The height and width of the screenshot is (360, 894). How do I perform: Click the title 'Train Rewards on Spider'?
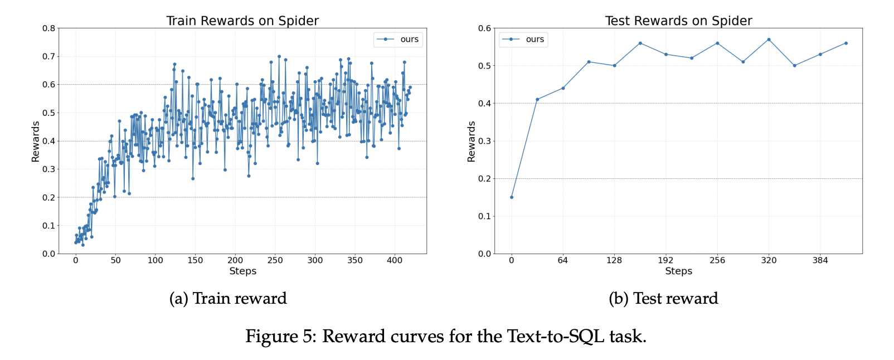click(242, 21)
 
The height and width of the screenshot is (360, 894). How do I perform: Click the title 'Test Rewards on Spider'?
click(678, 21)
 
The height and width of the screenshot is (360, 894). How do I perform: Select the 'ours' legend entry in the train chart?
click(409, 40)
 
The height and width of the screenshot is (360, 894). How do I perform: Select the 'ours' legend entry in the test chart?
click(535, 40)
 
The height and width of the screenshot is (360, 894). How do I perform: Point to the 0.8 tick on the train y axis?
click(49, 28)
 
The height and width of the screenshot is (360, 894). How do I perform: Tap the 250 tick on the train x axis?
click(275, 260)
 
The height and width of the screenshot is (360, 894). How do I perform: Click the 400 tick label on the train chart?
click(395, 260)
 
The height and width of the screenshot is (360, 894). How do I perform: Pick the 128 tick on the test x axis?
click(614, 260)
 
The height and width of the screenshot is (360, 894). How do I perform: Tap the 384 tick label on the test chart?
click(820, 260)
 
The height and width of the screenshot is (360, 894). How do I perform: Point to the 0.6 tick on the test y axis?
click(485, 28)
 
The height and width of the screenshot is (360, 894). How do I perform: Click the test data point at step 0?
click(512, 197)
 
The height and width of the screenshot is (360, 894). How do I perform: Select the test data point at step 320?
click(769, 40)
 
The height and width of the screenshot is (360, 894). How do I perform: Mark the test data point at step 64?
click(563, 88)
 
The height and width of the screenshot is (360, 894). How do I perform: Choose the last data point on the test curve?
click(846, 43)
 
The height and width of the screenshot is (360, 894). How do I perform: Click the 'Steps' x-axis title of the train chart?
click(242, 271)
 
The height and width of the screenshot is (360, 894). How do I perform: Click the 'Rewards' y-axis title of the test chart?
click(472, 142)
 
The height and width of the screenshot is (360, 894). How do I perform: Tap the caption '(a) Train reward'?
click(228, 299)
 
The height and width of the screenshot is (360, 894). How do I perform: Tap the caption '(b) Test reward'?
click(663, 299)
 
